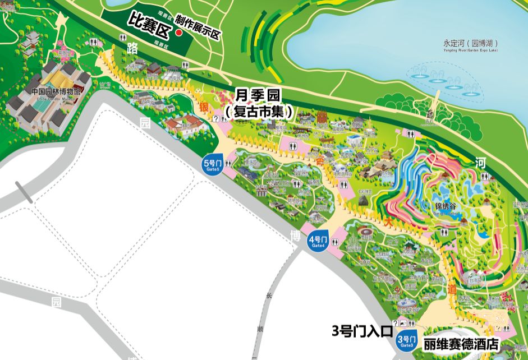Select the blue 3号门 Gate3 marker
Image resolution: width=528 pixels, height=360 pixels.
407,340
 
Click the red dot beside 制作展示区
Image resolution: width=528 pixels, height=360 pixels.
179,33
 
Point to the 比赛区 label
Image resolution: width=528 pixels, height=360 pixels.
149,23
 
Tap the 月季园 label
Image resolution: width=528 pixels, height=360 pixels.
258,95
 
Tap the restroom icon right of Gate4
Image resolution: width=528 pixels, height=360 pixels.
335,240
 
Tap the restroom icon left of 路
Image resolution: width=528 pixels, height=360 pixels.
123,38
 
